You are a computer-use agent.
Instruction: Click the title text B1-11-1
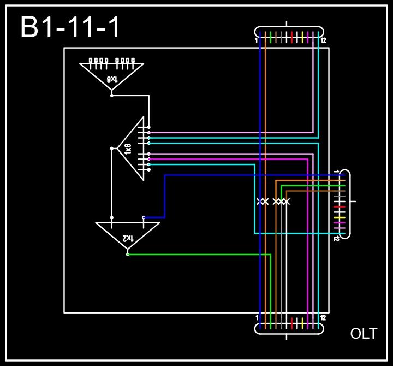tap(70, 28)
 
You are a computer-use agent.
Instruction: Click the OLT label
tap(364, 334)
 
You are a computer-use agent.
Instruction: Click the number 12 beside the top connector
tap(324, 40)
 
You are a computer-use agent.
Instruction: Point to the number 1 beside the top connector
tap(256, 40)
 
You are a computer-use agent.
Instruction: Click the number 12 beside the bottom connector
tap(324, 318)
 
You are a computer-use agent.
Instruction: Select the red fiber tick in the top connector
tap(292, 37)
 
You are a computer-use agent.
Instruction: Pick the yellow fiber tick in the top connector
tap(302, 37)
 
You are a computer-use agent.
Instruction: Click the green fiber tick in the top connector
tap(271, 37)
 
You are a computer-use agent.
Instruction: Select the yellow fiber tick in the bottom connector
tap(302, 322)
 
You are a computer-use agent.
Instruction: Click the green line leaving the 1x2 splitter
tap(196, 255)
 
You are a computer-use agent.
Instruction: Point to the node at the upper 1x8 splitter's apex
tap(112, 95)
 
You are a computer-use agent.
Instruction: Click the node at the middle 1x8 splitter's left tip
tap(112, 148)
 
